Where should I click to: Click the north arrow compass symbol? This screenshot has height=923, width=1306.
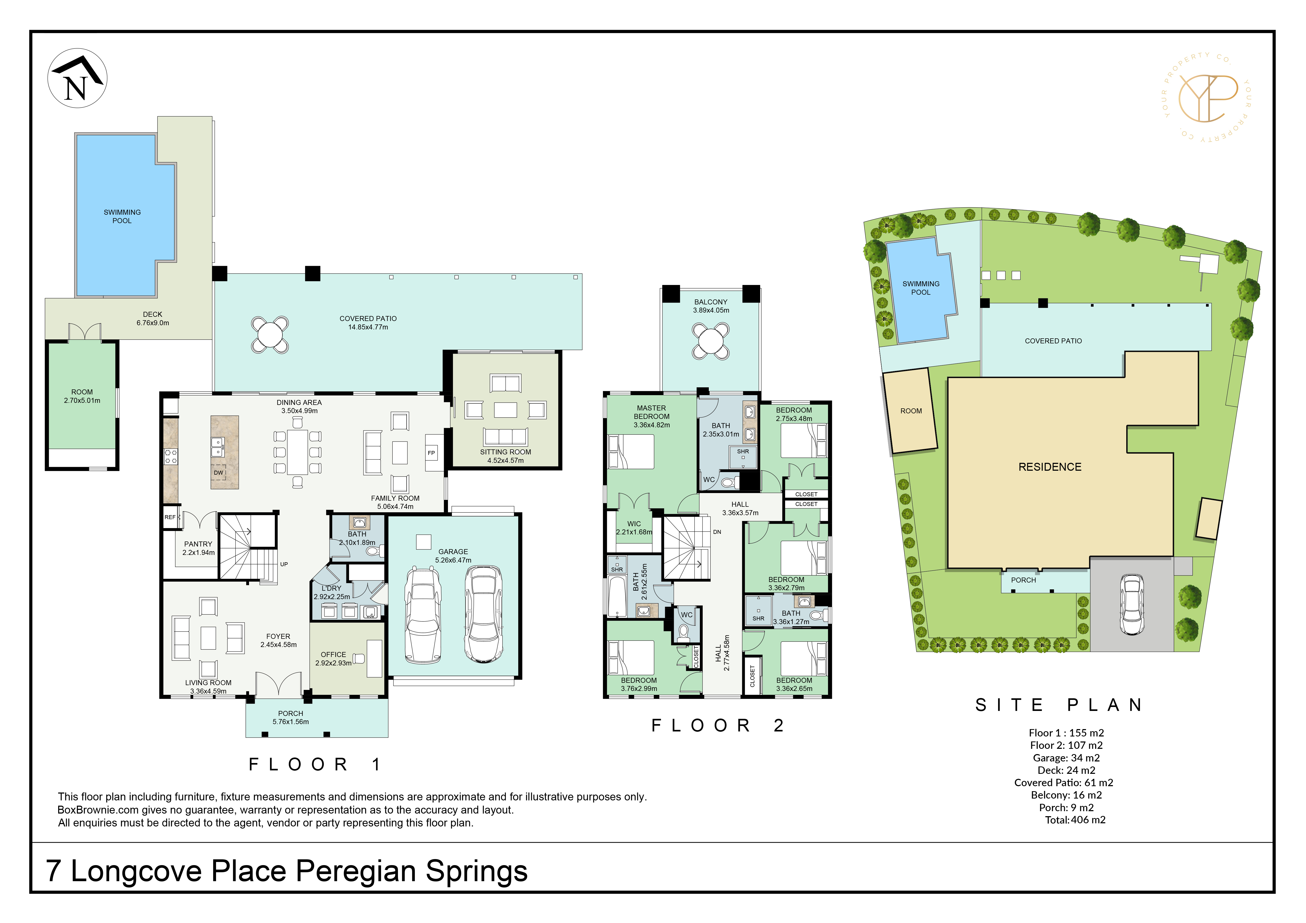point(77,78)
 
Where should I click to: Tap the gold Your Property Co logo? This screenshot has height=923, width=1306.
point(1208,97)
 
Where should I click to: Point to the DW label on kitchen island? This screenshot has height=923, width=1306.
point(218,473)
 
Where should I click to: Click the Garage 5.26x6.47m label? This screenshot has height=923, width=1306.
point(453,556)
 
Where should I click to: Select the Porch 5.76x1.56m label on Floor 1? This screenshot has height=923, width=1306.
point(291,718)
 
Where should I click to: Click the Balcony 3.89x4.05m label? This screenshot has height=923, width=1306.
point(711,306)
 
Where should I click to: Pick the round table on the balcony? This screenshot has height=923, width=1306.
point(711,341)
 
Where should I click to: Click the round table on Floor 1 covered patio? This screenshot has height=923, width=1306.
point(270,334)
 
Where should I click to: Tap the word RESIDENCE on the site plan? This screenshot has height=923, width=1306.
point(1050,467)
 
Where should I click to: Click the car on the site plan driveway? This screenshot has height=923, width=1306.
point(1132,604)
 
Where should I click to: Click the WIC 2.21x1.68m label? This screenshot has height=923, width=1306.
point(634,528)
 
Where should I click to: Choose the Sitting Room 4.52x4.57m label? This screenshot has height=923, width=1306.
point(506,456)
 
